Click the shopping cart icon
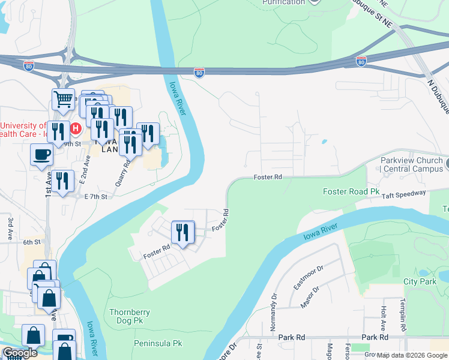pos(63,99)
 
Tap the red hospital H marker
pos(76,128)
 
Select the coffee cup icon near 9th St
pos(41,154)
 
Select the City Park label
pos(419,281)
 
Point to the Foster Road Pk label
pos(352,192)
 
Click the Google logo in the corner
pos(20,353)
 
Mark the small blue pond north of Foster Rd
pos(324,142)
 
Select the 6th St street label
pos(31,242)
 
